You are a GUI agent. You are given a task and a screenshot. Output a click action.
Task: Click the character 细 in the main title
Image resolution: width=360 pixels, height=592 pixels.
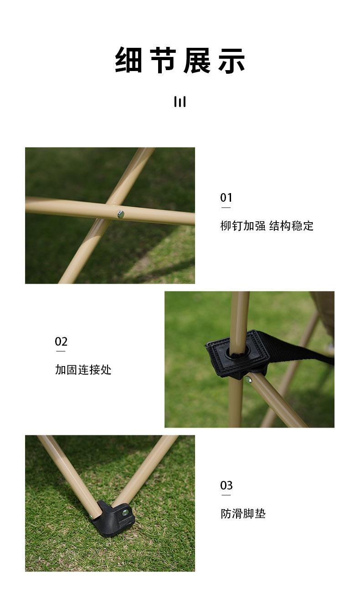[129, 60]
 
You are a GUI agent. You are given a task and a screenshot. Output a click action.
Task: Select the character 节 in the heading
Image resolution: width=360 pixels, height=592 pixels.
[163, 60]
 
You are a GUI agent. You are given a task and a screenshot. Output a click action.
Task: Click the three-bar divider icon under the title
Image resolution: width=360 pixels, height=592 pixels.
[180, 102]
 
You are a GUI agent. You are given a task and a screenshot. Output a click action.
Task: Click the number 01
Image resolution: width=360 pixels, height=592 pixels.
[226, 198]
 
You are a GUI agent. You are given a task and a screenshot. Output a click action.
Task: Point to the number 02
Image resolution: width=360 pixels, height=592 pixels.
[61, 342]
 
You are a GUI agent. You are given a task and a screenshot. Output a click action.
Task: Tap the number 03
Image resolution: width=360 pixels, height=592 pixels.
[226, 485]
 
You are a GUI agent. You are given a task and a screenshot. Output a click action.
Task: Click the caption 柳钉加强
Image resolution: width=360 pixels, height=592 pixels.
[243, 226]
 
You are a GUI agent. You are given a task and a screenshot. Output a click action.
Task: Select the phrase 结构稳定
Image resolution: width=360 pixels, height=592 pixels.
[291, 226]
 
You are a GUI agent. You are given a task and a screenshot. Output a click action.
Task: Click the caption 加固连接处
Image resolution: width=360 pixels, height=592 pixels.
[83, 370]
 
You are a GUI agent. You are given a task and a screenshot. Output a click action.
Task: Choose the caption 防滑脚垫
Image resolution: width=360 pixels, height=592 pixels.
[243, 514]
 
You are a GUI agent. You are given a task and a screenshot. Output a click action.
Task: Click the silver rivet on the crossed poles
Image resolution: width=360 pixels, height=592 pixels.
[121, 214]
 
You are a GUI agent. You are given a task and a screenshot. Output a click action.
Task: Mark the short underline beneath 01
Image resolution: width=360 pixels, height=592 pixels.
[226, 208]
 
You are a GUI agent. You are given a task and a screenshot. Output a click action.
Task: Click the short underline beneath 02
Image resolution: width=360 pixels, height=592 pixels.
[61, 351]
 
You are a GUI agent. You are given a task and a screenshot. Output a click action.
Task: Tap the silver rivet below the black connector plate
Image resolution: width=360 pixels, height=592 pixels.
[248, 380]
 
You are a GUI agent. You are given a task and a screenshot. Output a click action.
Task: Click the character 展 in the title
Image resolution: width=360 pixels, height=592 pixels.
[197, 60]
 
